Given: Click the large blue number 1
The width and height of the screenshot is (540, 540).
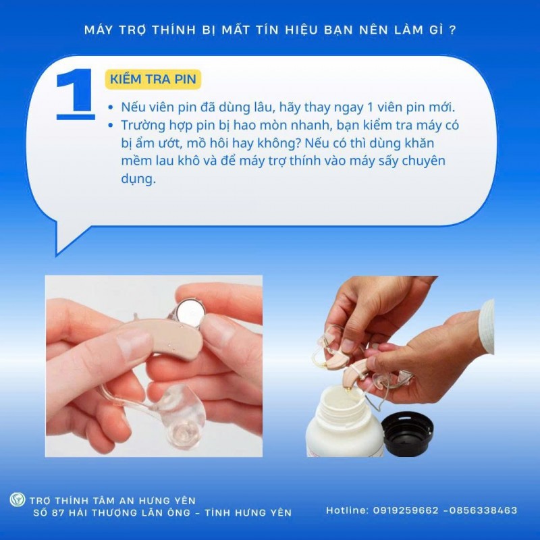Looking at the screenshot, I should click(75, 94).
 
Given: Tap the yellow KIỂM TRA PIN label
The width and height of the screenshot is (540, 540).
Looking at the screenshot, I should click(153, 79).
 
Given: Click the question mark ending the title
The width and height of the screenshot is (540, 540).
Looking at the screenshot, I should click(451, 30).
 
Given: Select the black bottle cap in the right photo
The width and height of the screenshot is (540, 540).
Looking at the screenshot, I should click(407, 432).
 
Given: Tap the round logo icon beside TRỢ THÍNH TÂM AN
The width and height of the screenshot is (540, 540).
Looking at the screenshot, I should click(17, 500).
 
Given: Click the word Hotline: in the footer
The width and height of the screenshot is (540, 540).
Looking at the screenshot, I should click(347, 510).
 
